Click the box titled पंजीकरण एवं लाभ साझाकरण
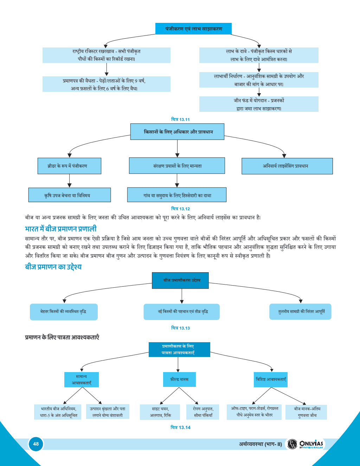[x=193, y=28]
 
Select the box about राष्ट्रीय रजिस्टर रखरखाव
[x=106, y=55]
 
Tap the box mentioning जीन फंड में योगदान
[x=259, y=104]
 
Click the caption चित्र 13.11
[x=180, y=120]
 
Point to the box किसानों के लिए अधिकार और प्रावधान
[x=177, y=132]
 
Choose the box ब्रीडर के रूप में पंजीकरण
[x=69, y=166]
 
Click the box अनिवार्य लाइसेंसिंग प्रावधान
[x=287, y=166]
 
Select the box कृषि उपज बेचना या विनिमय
[x=69, y=195]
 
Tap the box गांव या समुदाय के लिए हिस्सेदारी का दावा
[x=177, y=195]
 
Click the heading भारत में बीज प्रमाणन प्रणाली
[x=60, y=229]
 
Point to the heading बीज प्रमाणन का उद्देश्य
[x=53, y=267]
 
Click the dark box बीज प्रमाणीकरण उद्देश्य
[x=180, y=280]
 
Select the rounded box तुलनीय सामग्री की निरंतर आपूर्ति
[x=300, y=312]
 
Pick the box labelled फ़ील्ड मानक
[x=179, y=379]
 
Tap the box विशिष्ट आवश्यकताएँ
[x=271, y=379]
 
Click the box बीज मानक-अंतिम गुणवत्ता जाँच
[x=306, y=412]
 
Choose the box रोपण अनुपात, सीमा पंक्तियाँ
[x=203, y=412]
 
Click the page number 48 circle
[x=36, y=444]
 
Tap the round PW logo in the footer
[x=292, y=444]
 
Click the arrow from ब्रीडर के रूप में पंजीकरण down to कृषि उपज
[x=69, y=180]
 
